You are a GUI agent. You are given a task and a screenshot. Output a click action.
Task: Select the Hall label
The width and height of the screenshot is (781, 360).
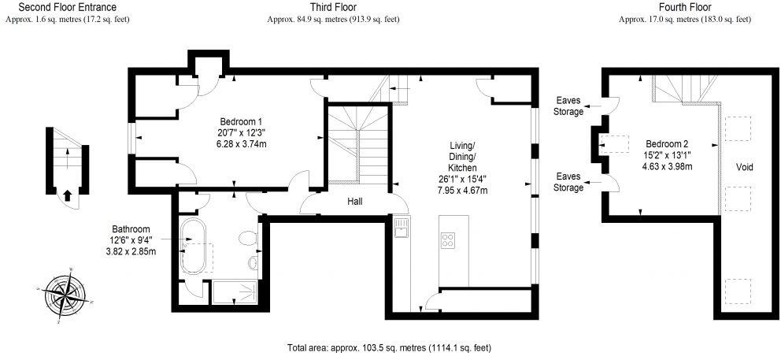(x=355, y=202)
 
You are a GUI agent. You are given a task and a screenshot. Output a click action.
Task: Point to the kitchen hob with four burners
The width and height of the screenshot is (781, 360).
(x=449, y=239)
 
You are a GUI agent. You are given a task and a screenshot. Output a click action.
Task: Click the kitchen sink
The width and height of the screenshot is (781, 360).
(x=401, y=228)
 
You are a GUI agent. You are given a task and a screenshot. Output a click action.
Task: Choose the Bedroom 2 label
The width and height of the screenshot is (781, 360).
(x=667, y=144)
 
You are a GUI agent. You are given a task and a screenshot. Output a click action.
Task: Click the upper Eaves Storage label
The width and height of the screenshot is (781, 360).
(x=569, y=106)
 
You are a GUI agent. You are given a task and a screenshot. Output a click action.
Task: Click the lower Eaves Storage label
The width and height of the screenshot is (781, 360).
(x=569, y=182)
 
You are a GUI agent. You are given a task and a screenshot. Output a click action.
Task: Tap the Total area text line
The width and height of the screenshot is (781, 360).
(x=390, y=347)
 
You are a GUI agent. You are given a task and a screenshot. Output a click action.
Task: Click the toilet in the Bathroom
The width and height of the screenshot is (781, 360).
(x=250, y=238)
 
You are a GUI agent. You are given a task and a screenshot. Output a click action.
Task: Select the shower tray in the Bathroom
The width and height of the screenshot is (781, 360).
(x=235, y=293)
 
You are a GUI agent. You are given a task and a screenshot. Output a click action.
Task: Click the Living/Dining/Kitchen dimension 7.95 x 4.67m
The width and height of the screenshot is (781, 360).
(x=465, y=191)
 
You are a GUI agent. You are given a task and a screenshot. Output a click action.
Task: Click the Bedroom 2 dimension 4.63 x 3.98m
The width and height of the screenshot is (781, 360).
(x=667, y=166)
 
